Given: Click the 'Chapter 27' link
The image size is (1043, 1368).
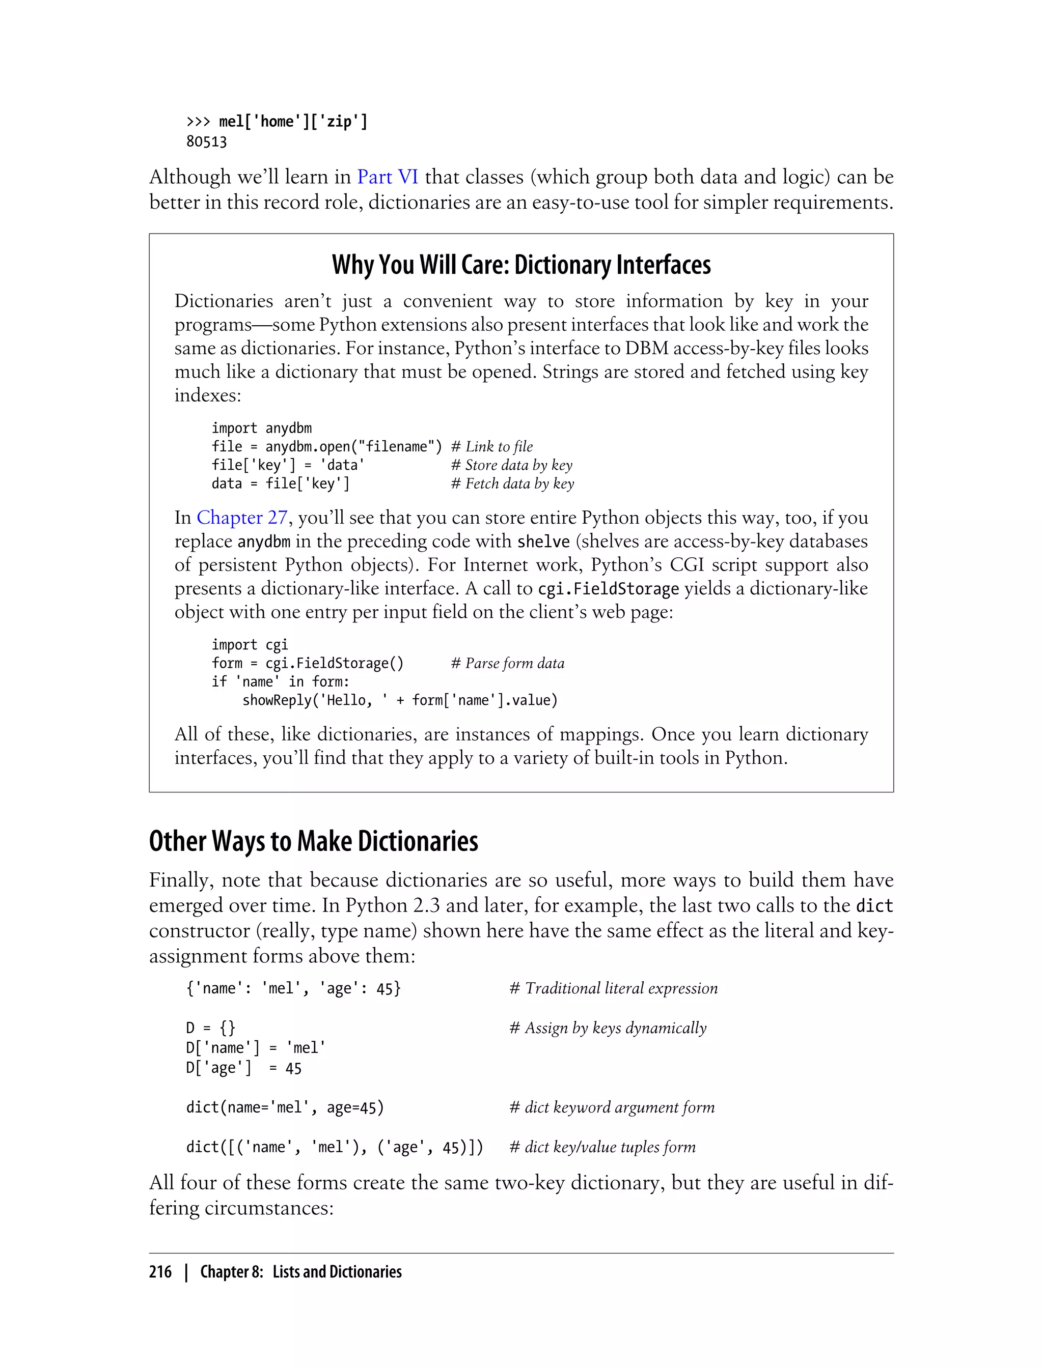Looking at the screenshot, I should pos(242,518).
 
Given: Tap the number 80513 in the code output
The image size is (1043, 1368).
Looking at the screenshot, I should pos(206,142).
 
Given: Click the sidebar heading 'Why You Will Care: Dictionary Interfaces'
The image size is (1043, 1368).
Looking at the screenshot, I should pos(521,265).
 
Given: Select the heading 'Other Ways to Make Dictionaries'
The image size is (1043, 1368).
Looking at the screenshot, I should pos(314,841).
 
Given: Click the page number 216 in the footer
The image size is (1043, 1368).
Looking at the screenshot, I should pos(160,1272).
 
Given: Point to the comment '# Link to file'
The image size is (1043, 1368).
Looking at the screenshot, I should pos(491,447).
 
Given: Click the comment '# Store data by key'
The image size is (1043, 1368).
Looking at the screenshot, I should pos(511,465).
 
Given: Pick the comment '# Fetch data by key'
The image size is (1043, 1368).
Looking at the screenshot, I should pos(512,484).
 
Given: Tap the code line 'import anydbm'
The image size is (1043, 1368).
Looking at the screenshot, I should pos(261,428).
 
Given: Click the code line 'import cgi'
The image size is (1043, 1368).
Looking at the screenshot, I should pos(250,645).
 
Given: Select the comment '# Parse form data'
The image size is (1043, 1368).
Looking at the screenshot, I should pos(507,663).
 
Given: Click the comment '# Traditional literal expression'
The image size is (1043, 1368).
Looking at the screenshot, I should pos(613,988).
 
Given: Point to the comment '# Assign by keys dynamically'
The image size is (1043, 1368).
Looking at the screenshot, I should pos(608,1028).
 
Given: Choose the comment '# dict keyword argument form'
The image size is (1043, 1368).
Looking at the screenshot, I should pos(612,1107).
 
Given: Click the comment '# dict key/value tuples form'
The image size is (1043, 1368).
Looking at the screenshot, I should pos(602,1147).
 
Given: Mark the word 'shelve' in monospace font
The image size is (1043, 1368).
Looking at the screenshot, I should pos(543,541).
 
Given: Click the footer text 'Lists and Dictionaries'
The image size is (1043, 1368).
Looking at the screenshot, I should pos(337,1272).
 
